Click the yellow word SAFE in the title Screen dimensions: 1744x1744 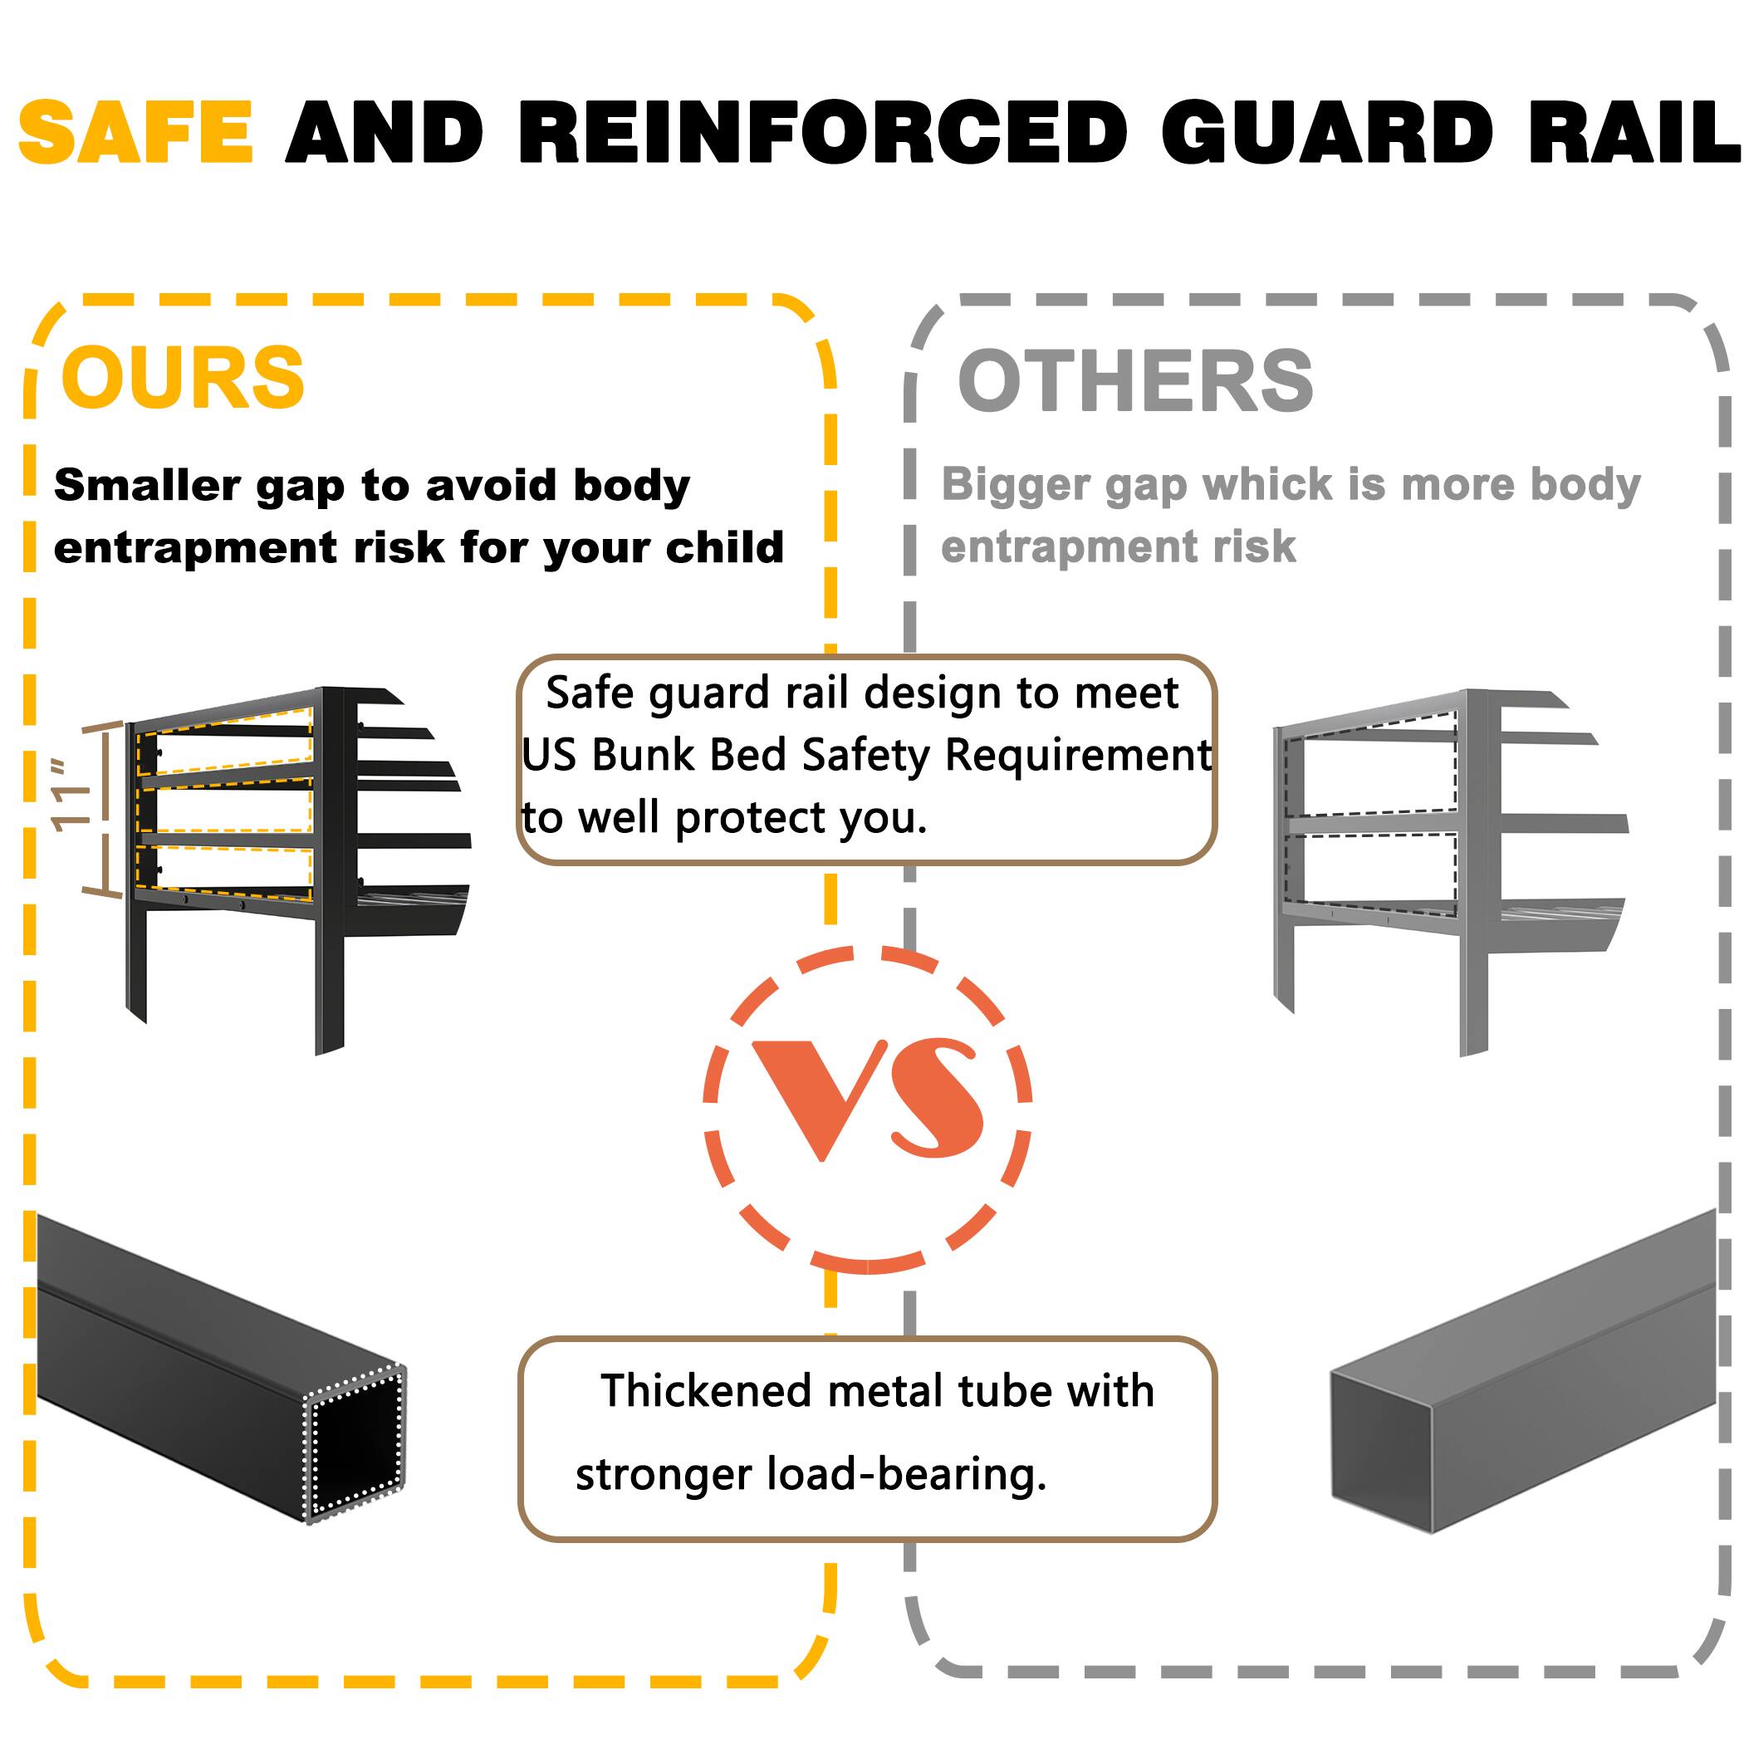(135, 133)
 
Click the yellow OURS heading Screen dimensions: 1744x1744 (184, 377)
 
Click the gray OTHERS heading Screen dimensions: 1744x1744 (1134, 381)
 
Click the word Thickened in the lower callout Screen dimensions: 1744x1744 (706, 1391)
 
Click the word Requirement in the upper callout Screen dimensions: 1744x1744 (1078, 755)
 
